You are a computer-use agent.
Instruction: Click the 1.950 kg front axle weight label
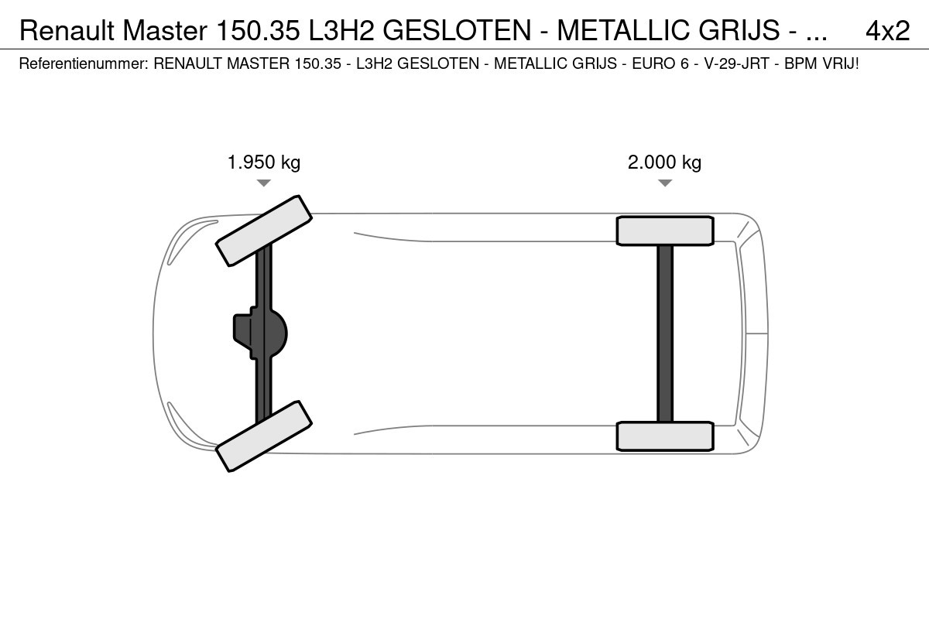(x=264, y=162)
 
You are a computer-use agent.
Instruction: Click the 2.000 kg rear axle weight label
(x=664, y=162)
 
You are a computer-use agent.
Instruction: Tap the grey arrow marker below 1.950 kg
(x=264, y=183)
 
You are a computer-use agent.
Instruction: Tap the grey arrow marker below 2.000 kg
(x=665, y=183)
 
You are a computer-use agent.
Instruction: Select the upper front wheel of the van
(x=264, y=231)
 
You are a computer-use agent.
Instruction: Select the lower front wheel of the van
(x=264, y=436)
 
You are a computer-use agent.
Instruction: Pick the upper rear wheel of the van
(x=665, y=231)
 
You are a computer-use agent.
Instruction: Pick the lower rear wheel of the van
(x=665, y=436)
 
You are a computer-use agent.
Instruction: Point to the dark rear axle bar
(x=665, y=333)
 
